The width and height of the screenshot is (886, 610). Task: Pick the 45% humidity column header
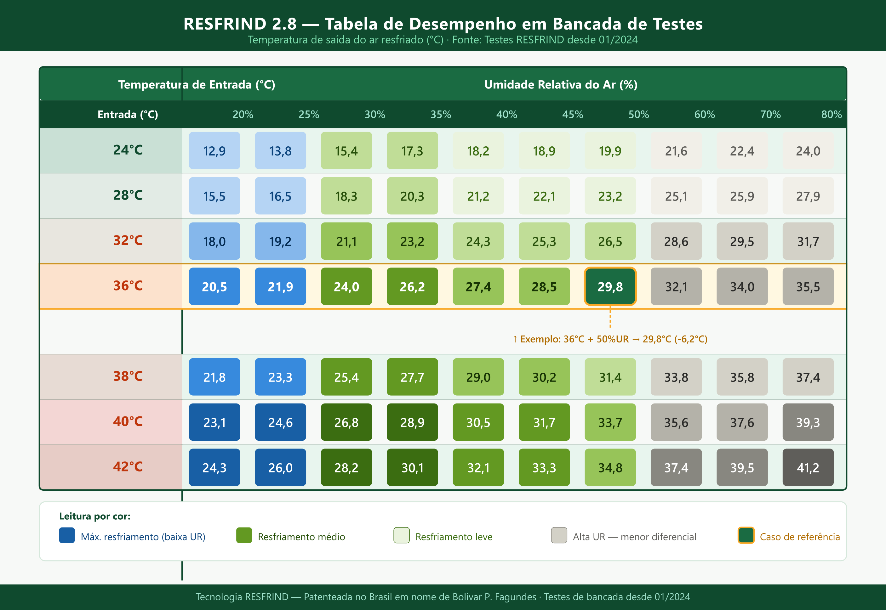point(572,114)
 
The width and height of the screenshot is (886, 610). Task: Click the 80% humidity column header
point(831,114)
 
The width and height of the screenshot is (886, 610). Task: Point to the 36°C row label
point(128,286)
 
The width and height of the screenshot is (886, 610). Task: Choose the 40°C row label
point(128,421)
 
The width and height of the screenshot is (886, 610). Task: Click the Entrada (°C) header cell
point(128,114)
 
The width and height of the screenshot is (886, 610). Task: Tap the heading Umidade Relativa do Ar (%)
point(561,84)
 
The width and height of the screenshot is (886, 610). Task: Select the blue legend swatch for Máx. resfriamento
point(67,535)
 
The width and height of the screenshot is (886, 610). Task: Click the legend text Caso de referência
point(800,537)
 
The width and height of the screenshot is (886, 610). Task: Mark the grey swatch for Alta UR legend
point(559,535)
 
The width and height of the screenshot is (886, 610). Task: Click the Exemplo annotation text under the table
point(610,339)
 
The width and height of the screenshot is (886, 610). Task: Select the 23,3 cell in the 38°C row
point(280,377)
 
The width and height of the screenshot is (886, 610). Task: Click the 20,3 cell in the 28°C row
point(412,196)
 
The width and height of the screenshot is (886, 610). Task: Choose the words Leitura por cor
point(94,516)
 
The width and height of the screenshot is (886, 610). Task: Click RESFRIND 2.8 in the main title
point(240,24)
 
